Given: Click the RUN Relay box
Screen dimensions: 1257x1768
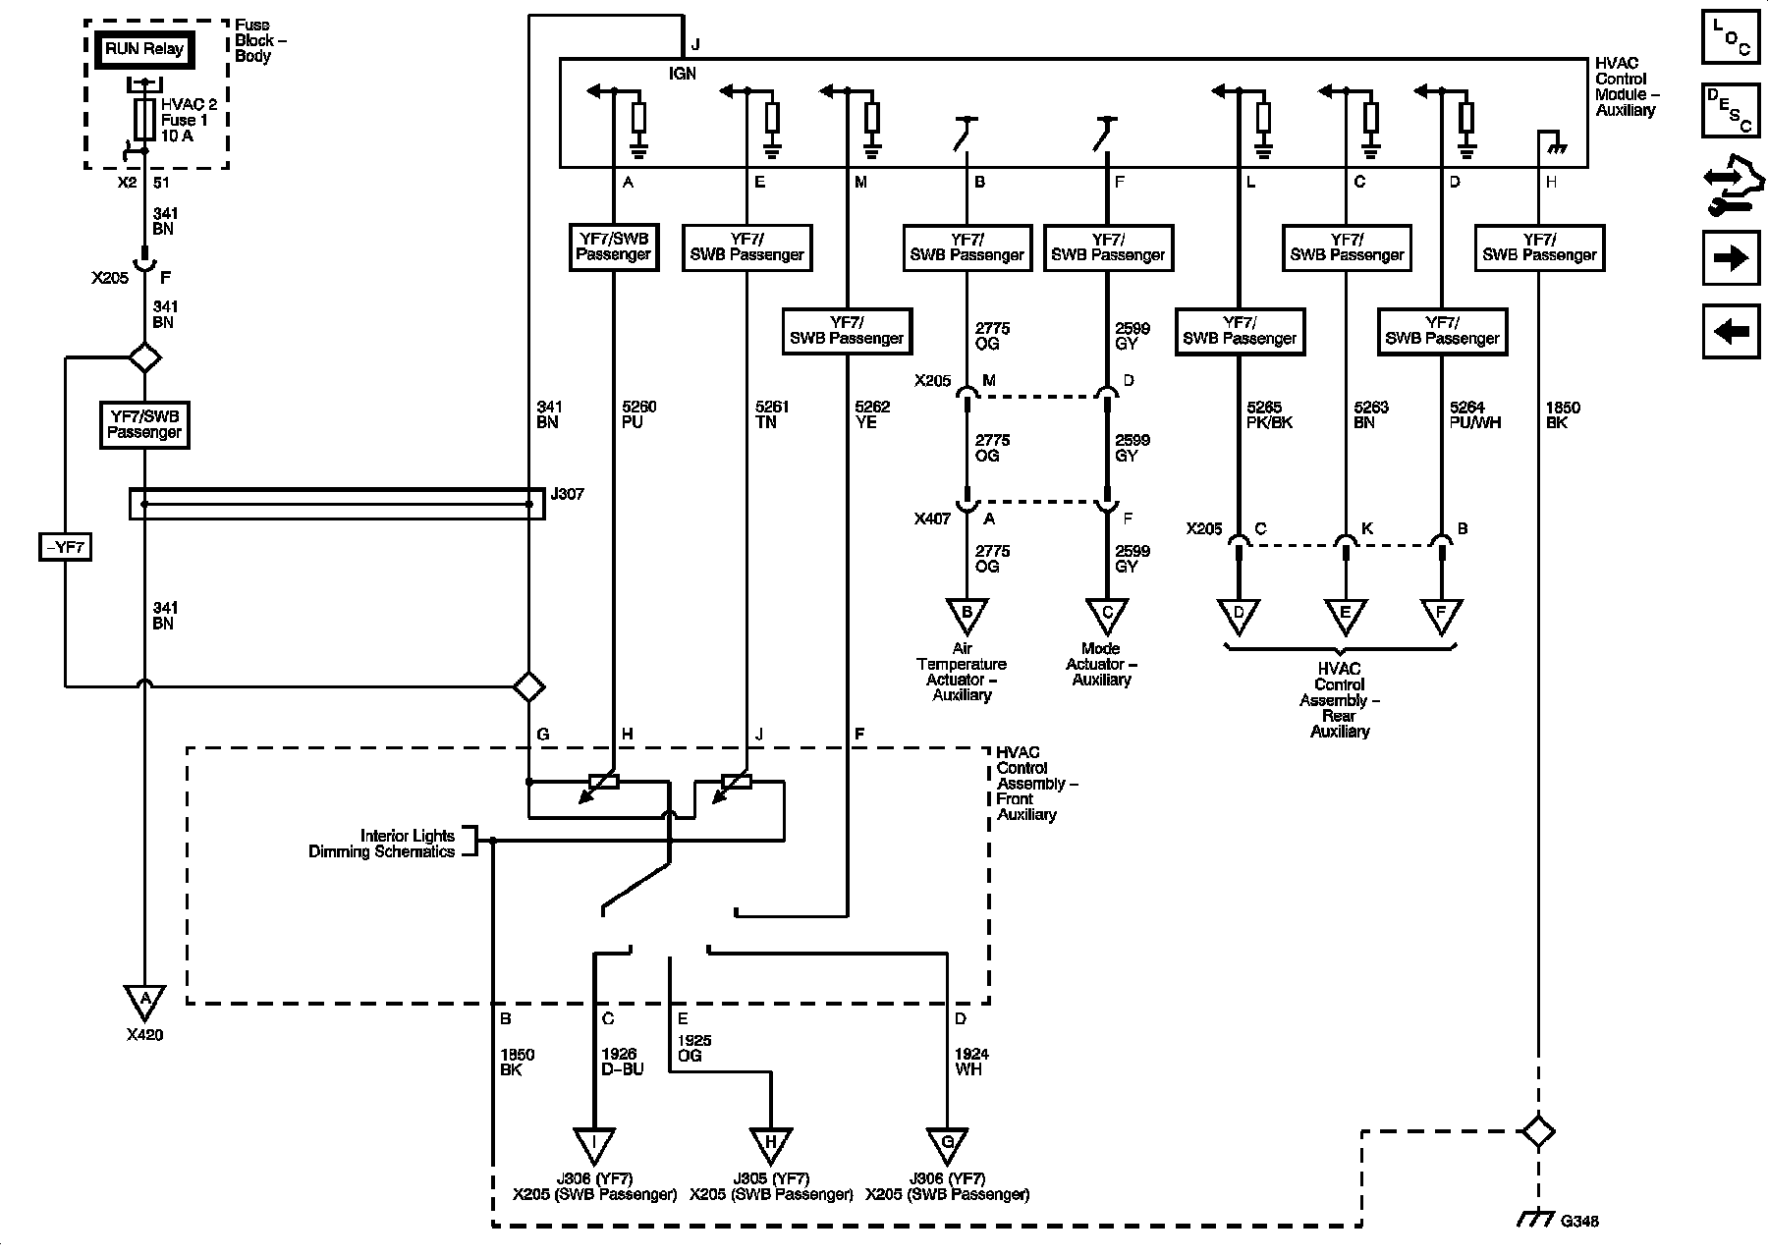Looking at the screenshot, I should click(144, 49).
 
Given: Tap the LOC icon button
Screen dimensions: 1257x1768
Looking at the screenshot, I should click(1731, 36).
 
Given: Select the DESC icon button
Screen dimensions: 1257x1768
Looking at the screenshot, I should click(1731, 109).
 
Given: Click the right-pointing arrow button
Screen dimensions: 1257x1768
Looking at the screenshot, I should click(1731, 258).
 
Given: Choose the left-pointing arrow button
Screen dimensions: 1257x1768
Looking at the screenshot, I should click(1731, 332).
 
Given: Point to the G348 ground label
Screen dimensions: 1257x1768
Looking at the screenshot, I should click(1579, 1222).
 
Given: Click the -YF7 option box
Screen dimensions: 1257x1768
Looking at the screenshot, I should click(65, 547).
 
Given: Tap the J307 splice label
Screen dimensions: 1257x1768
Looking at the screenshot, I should click(567, 494).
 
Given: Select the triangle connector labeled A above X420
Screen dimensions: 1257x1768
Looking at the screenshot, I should click(145, 1001).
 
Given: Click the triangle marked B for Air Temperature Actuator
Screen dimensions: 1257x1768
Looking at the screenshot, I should click(967, 615).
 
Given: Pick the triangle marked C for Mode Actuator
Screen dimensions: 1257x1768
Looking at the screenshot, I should click(1107, 615).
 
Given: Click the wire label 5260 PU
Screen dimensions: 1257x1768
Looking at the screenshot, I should click(638, 414).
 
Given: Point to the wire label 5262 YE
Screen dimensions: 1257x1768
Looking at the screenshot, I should click(872, 414).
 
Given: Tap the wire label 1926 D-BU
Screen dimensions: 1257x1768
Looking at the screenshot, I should click(622, 1062).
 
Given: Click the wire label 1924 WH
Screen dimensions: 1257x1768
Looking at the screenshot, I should click(971, 1062).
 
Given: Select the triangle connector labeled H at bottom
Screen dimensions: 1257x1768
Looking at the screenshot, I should click(771, 1143).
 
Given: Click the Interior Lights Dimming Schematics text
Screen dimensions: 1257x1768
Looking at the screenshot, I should click(382, 844).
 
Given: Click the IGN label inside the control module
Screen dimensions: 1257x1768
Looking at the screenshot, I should click(683, 74).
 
